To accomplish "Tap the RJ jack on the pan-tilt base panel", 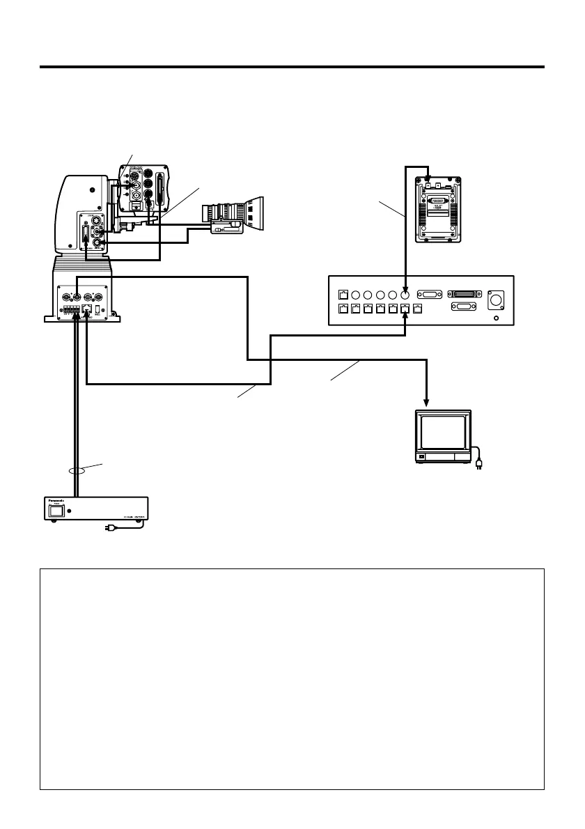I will tap(86, 307).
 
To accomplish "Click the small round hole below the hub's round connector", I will tap(496, 318).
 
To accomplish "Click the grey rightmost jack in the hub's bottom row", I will tap(417, 309).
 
